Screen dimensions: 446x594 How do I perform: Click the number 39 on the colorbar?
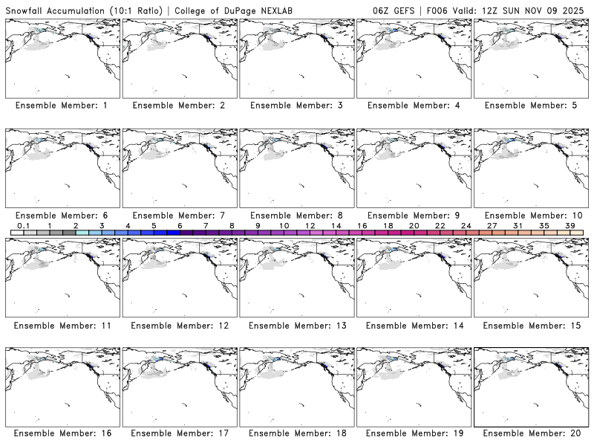coord(569,225)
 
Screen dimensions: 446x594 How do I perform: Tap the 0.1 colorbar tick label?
coord(24,225)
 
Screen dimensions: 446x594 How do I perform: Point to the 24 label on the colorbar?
coord(466,225)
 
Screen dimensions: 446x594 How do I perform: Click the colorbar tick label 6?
coord(180,225)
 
